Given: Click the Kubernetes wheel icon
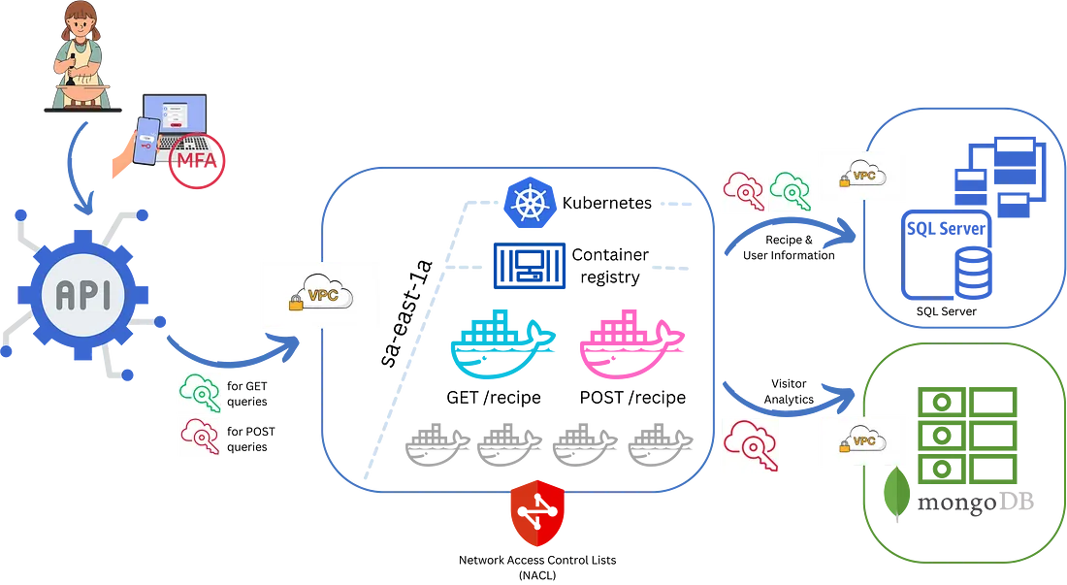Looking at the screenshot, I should (528, 203).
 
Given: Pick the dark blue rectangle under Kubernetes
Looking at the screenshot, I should (532, 267).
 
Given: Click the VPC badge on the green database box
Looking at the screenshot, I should (863, 439).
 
